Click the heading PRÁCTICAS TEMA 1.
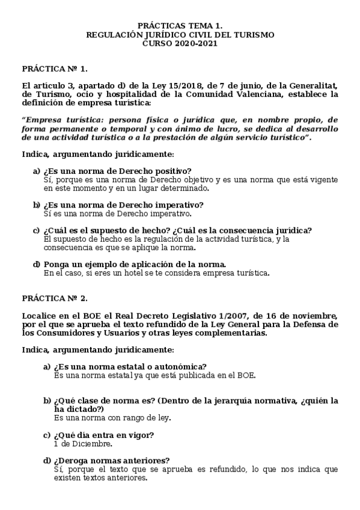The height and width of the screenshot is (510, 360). [x=180, y=26]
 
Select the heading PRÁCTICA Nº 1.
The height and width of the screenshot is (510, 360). [x=50, y=69]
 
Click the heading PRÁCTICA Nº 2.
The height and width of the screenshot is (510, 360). [x=50, y=298]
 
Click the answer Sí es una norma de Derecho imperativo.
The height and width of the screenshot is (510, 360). [x=118, y=214]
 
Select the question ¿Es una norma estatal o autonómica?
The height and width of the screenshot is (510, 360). [x=130, y=367]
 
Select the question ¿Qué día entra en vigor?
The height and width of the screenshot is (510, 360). [x=104, y=435]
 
